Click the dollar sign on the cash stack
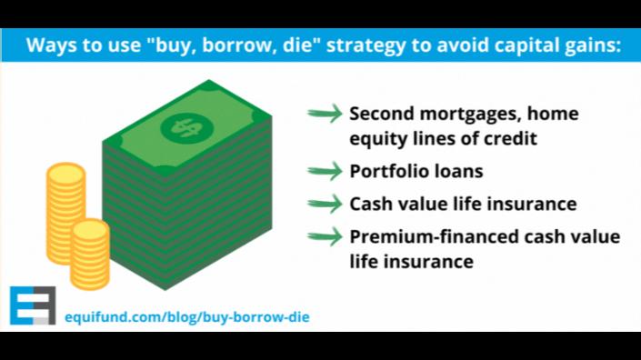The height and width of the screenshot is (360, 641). coord(186,127)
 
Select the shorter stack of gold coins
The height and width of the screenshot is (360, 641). coord(90,255)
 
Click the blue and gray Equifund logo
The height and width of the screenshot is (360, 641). coord(33,305)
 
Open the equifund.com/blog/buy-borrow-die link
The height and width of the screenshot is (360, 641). coord(186,317)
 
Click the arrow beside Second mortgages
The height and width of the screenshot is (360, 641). coord(325,114)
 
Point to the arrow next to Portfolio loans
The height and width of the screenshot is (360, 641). coord(325,171)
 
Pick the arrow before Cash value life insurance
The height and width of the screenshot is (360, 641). coord(325,204)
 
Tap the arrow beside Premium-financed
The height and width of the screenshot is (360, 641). coord(325,236)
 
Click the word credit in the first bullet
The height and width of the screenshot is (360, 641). coord(510,138)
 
